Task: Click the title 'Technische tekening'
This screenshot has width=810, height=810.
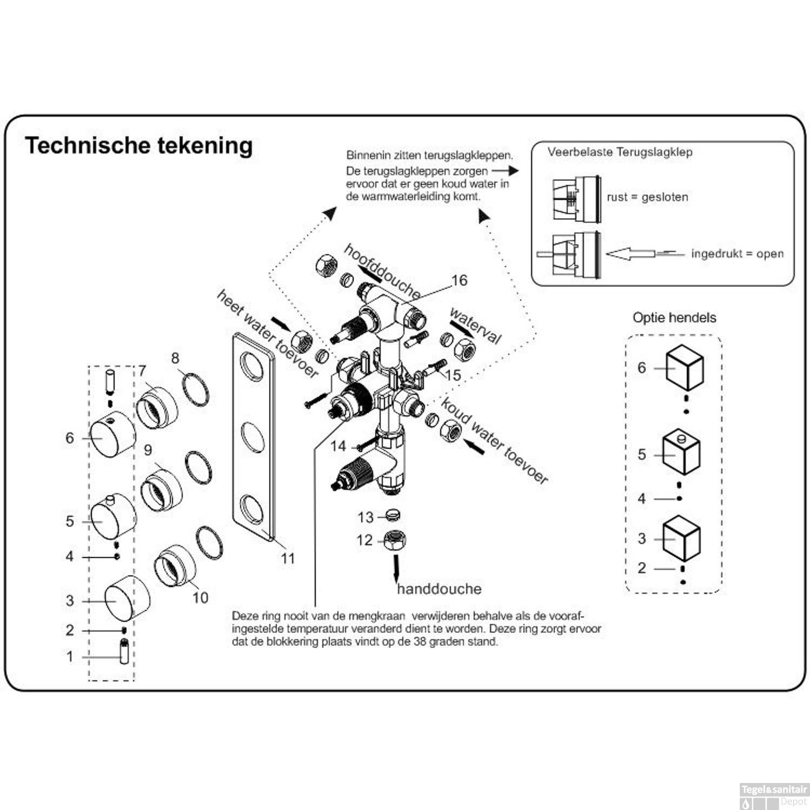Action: point(139,146)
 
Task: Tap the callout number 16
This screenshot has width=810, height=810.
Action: point(459,280)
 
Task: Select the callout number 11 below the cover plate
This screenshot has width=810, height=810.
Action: point(288,558)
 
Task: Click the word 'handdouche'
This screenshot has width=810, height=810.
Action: point(439,589)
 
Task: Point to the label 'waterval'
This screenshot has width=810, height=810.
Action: point(475,326)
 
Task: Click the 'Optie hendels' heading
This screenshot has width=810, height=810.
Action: point(674,318)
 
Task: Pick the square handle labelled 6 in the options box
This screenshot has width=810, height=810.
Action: point(684,368)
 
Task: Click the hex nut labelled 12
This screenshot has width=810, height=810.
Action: point(395,541)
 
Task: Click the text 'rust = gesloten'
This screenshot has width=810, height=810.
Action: point(647,197)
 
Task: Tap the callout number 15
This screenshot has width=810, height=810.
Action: point(453,375)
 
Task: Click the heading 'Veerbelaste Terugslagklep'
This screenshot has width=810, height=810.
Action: point(619,152)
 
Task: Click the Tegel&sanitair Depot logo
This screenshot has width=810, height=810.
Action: point(774,795)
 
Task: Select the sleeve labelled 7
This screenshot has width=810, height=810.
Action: point(157,407)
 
